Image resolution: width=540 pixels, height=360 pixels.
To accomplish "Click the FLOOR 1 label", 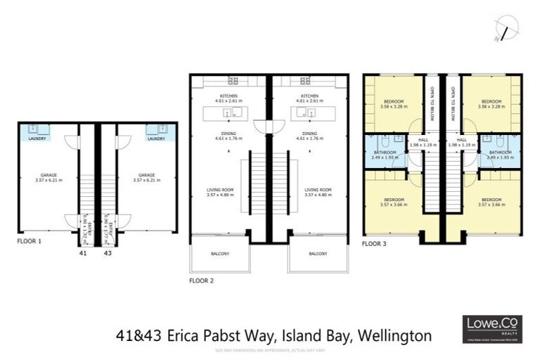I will (30, 240).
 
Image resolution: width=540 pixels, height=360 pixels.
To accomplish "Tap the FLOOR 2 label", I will (202, 281).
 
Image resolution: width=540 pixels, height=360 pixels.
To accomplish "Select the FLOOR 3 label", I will (375, 244).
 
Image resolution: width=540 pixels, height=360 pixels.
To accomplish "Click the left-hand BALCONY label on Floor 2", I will (219, 253).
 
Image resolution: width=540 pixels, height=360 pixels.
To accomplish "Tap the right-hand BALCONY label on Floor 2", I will (318, 253).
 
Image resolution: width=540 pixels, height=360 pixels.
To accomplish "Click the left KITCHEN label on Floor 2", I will (229, 96).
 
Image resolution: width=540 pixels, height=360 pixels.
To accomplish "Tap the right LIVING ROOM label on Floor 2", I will (318, 190).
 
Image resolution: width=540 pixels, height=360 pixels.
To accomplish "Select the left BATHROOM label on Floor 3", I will (385, 153).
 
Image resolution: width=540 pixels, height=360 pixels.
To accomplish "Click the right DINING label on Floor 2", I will (309, 133).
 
